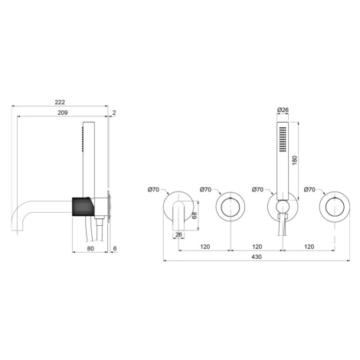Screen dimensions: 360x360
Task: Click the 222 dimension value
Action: point(60,102)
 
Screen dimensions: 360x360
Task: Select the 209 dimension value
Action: point(63,113)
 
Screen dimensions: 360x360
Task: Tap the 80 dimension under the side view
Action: point(90,248)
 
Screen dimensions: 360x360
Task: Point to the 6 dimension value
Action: point(115,248)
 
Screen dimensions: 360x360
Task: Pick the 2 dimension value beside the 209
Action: point(114,113)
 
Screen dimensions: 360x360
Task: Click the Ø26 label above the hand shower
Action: point(283,110)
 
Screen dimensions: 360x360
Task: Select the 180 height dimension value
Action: point(295,160)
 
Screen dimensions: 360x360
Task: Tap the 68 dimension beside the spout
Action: point(195,216)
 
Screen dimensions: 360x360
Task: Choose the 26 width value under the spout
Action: point(178,234)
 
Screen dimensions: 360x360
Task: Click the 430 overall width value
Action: point(257,257)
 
